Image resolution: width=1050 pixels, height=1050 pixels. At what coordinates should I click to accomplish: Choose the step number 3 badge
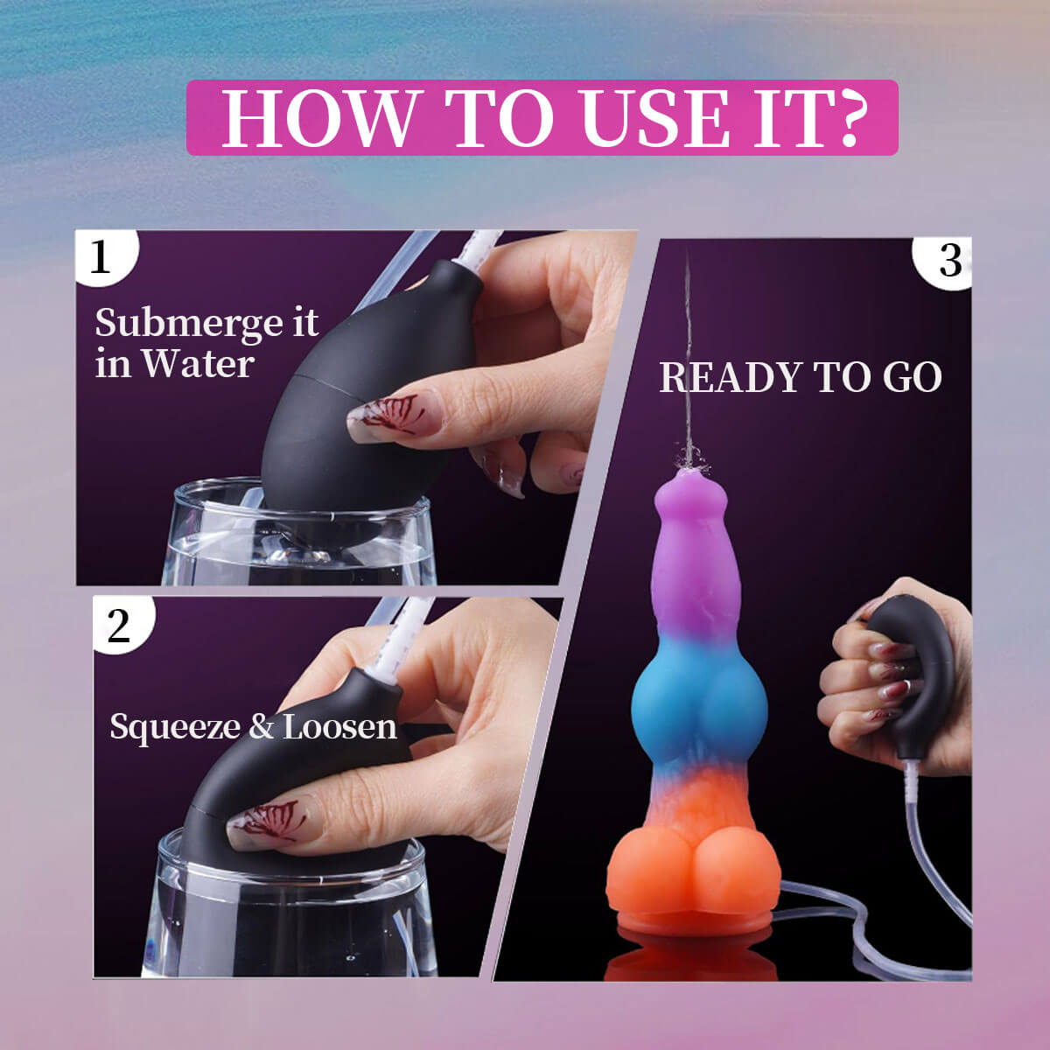(948, 261)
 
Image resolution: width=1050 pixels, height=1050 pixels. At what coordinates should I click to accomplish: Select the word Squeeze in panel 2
(175, 727)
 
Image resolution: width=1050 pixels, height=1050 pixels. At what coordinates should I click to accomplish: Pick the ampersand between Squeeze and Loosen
(261, 727)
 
